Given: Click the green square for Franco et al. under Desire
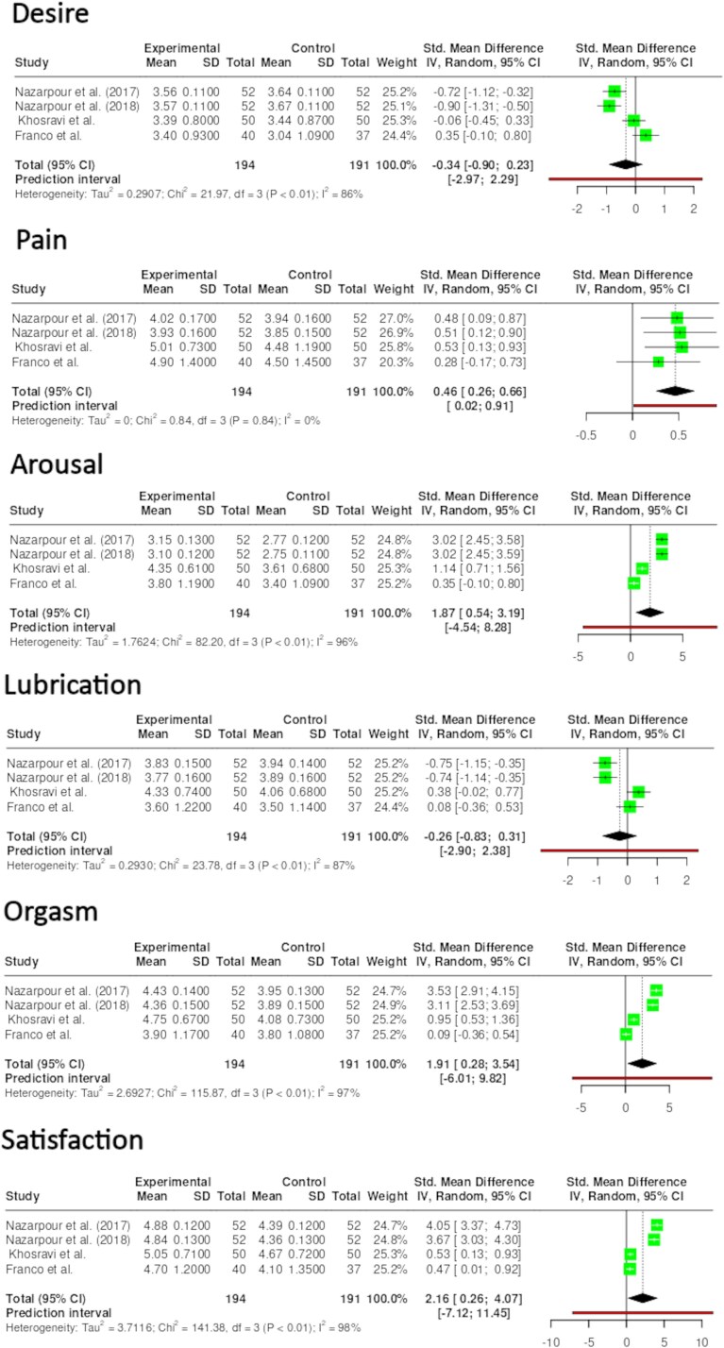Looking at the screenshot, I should [646, 135].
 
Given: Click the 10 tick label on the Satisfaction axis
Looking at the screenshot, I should [700, 1340].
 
